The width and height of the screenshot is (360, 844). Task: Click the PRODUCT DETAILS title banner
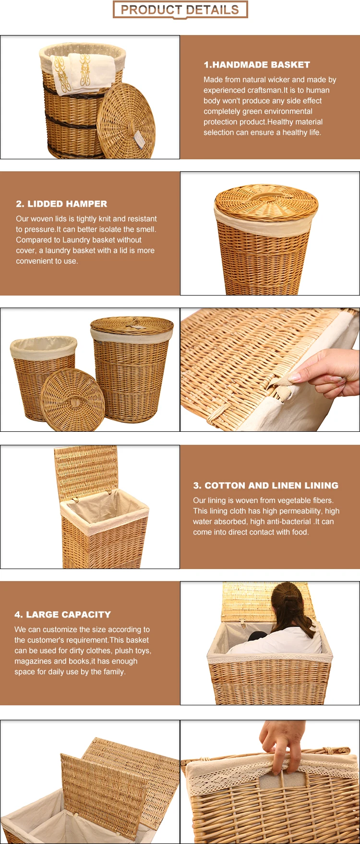click(x=180, y=10)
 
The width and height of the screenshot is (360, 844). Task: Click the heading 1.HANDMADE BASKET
click(x=257, y=65)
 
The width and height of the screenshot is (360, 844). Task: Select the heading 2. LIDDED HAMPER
click(x=61, y=204)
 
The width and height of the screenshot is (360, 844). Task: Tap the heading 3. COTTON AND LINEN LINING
click(x=265, y=486)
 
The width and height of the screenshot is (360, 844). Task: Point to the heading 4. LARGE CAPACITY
click(x=62, y=615)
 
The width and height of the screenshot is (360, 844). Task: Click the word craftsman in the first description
click(x=265, y=90)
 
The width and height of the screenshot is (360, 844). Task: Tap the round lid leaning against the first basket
click(x=126, y=121)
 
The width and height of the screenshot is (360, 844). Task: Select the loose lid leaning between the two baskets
click(x=72, y=400)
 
